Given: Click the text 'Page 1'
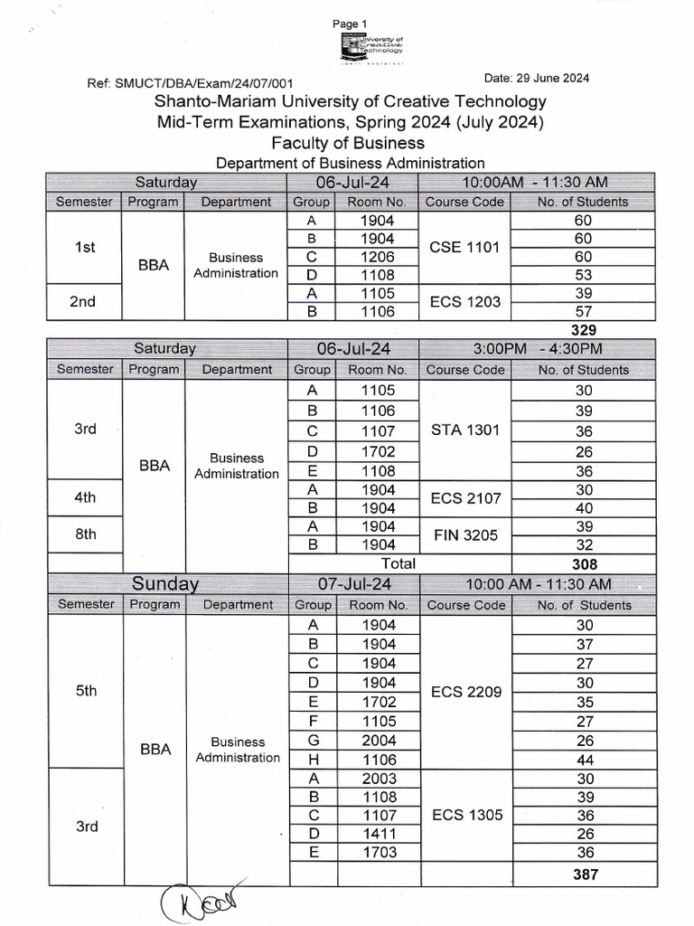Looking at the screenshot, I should (350, 23).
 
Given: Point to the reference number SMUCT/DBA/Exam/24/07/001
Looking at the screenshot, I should (202, 83).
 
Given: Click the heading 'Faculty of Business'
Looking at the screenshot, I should (348, 143).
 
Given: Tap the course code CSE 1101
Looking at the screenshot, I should (464, 247).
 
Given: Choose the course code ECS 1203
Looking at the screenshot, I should (464, 302).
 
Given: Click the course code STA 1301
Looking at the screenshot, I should (464, 430).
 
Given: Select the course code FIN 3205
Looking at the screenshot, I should (464, 534).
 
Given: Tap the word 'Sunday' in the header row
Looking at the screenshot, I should (165, 583).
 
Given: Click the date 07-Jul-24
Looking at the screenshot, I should (353, 583).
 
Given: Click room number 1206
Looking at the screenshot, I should (377, 257).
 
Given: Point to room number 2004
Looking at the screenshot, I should (378, 740).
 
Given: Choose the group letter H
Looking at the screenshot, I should (313, 759).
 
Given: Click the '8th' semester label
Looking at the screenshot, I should (85, 534).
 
